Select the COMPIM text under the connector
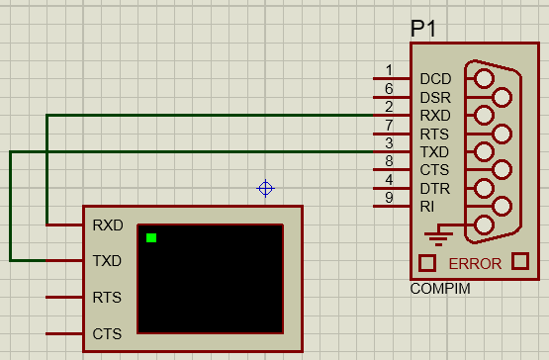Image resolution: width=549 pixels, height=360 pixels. [x=439, y=289]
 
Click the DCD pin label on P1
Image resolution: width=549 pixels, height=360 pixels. [x=434, y=79]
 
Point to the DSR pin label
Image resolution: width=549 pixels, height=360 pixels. [x=434, y=97]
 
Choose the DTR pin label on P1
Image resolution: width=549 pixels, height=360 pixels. [x=434, y=188]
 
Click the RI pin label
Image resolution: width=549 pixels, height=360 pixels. [x=426, y=207]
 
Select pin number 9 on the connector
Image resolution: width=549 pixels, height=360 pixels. [x=389, y=198]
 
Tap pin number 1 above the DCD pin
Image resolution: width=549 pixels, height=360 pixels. [x=389, y=70]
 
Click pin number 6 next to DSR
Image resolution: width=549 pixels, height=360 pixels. [x=389, y=89]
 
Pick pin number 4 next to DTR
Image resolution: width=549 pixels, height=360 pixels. [x=389, y=180]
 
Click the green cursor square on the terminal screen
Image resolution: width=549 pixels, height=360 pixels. [x=151, y=237]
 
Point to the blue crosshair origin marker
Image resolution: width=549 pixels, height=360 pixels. [x=265, y=188]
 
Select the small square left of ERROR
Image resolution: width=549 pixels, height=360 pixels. [x=427, y=263]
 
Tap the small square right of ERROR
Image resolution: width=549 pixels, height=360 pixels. [x=520, y=263]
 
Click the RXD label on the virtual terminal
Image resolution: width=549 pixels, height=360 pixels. [x=107, y=225]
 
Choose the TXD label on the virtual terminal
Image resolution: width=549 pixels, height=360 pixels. [x=107, y=261]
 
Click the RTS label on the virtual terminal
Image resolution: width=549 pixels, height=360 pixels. [x=107, y=297]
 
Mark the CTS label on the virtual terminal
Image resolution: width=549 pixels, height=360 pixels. [x=107, y=333]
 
